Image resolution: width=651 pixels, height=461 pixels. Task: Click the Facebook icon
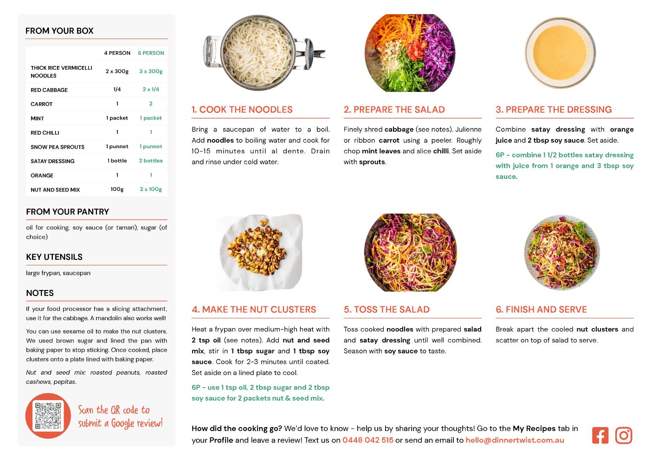[x=600, y=435]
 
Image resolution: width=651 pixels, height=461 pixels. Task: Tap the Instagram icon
[x=624, y=435]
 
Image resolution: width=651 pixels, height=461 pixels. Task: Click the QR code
[x=48, y=415]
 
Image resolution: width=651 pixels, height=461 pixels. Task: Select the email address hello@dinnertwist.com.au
[x=515, y=440]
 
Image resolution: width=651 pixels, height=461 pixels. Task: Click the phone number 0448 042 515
[x=367, y=440]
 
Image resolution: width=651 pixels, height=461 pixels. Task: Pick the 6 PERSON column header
[x=151, y=53]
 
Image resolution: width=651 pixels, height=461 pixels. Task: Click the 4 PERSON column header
[x=117, y=53]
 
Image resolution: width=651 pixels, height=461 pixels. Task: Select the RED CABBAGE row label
[x=49, y=90]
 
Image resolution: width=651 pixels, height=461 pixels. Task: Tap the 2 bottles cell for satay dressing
[x=151, y=161]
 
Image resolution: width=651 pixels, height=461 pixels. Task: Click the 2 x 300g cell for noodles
[x=117, y=71]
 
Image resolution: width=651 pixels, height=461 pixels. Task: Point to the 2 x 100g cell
[x=151, y=189]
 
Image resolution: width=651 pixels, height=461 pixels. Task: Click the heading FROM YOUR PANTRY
[x=67, y=211]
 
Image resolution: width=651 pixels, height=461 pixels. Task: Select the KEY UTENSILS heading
[x=54, y=257]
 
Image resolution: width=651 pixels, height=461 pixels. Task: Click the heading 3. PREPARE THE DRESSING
[x=554, y=109]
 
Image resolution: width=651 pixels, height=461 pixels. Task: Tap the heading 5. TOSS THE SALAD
[x=387, y=310]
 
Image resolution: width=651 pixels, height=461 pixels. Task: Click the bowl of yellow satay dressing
[x=560, y=53]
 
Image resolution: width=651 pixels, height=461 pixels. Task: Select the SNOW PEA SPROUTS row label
[x=58, y=147]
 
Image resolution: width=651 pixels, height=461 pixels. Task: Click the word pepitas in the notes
[x=65, y=382]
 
